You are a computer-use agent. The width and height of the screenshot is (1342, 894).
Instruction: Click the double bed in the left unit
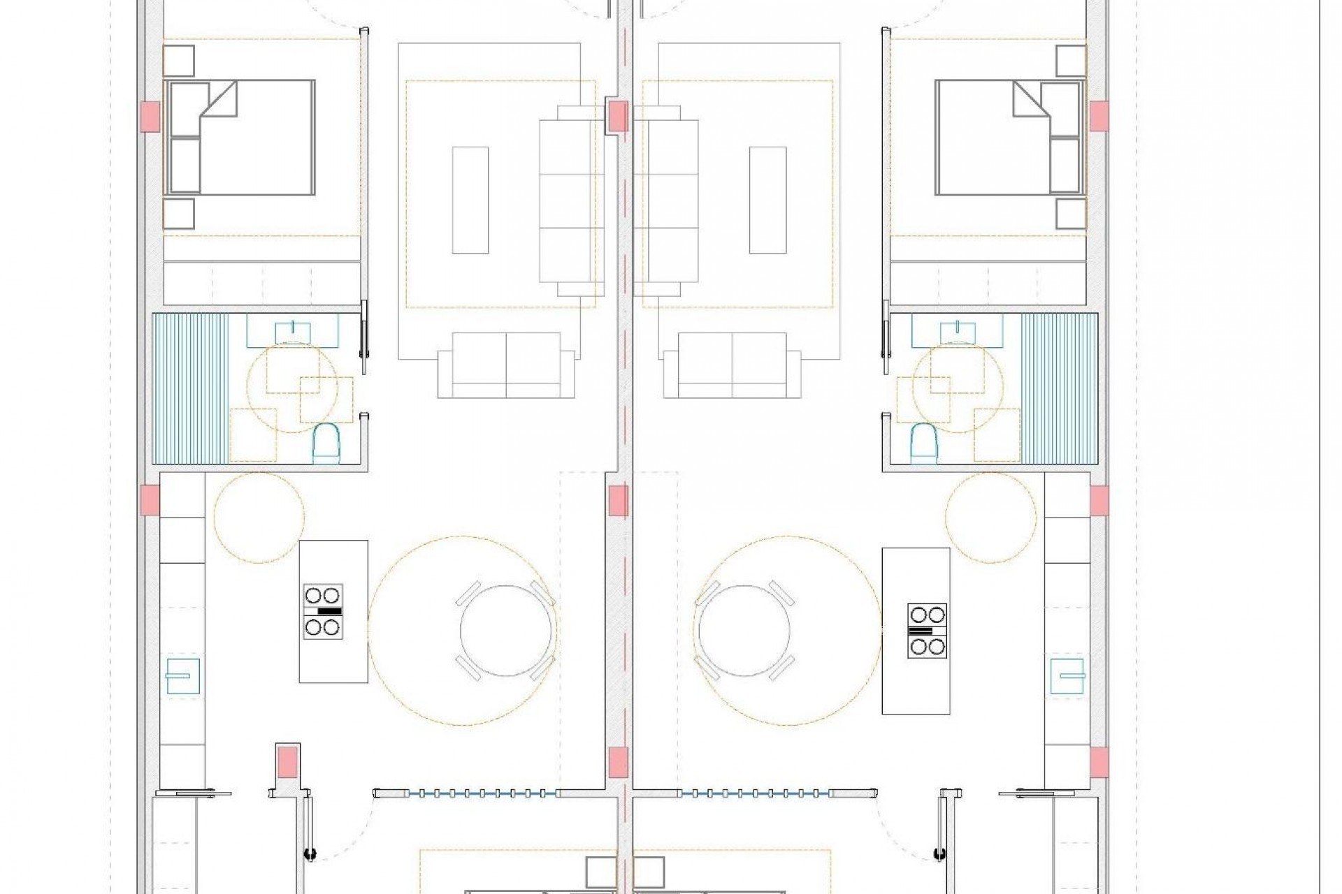click(239, 137)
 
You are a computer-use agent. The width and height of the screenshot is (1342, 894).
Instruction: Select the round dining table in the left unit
click(508, 630)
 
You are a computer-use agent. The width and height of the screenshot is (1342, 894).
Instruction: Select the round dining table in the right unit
click(744, 630)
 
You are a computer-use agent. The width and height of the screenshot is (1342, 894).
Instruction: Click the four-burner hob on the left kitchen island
click(324, 611)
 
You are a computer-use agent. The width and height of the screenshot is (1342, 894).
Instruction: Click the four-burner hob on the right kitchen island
click(927, 631)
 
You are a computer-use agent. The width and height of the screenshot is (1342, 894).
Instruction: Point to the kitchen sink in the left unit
click(182, 676)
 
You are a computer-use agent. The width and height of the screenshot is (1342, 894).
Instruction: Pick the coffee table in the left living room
click(470, 200)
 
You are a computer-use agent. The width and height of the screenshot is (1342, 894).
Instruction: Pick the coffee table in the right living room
click(767, 200)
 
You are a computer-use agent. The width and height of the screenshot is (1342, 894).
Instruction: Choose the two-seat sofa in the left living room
click(506, 365)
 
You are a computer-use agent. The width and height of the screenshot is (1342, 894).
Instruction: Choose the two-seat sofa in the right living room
click(732, 365)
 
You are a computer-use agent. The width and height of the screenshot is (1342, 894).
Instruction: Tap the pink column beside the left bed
click(150, 116)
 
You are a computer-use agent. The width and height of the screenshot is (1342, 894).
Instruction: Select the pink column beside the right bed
click(1099, 116)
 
